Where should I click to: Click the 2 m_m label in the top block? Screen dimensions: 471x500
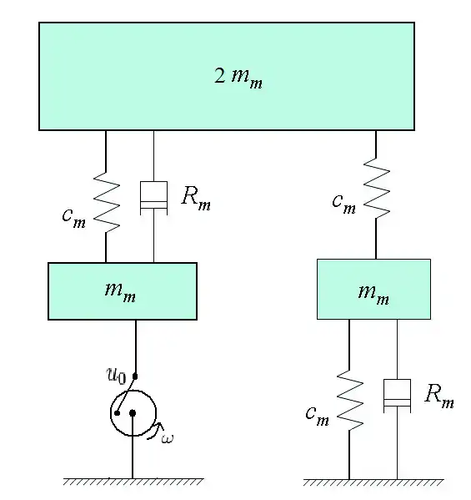tap(238, 78)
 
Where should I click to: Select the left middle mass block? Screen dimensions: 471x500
tap(123, 291)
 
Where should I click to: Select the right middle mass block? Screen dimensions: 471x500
tap(373, 289)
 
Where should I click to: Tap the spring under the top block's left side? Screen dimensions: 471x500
tap(107, 203)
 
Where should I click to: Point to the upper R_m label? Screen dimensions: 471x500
tap(196, 198)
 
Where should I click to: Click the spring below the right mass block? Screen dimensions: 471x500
tap(349, 401)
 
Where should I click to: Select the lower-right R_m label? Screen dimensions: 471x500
tap(439, 396)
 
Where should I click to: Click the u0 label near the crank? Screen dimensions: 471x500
tap(116, 376)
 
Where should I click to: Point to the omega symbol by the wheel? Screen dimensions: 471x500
tap(168, 439)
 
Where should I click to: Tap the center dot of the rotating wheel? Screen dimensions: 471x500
tap(133, 413)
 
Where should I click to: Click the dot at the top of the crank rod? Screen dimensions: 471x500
tap(135, 376)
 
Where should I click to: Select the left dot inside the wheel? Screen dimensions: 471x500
tap(118, 413)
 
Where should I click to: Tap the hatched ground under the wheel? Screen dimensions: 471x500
tap(133, 482)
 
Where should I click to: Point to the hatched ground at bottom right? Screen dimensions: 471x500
tap(373, 482)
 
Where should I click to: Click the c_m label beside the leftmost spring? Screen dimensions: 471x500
tap(74, 218)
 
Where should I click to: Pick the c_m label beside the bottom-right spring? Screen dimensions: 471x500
tap(317, 416)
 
